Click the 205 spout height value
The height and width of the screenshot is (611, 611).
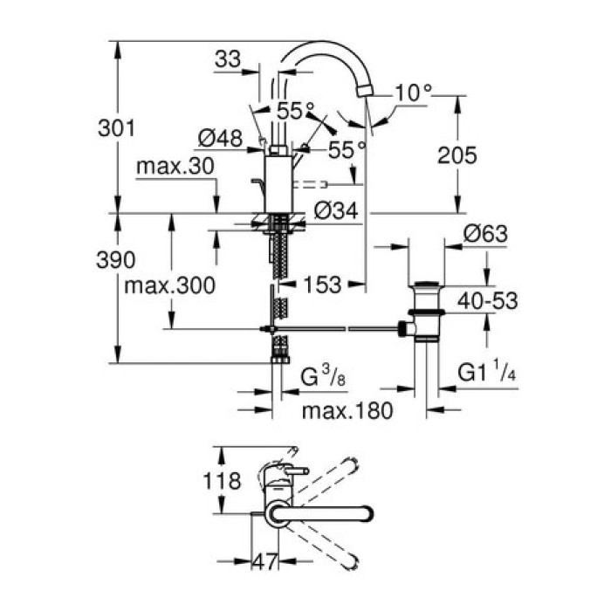coord(457,155)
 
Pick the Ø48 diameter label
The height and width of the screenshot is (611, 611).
coord(219,138)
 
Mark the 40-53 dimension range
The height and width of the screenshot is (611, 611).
coord(488,301)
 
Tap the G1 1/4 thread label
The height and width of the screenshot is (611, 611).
coord(488,375)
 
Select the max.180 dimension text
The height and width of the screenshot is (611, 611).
coord(344,409)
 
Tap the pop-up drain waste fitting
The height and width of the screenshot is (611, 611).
coord(427,310)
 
